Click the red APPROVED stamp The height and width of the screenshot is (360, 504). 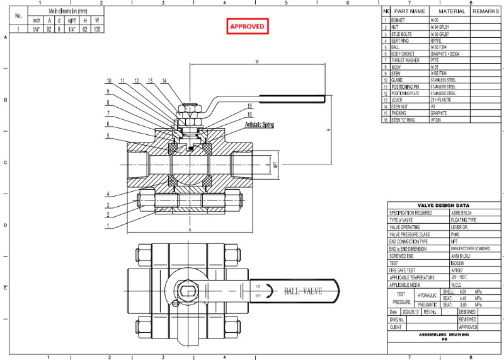pos(248,26)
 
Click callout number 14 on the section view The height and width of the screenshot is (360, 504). pos(164,81)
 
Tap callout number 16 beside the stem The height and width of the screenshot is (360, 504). pos(249,115)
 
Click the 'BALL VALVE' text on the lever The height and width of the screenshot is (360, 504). pos(303,291)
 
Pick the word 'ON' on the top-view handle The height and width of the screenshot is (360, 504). pos(257,286)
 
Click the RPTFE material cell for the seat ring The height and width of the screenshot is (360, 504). pos(437,40)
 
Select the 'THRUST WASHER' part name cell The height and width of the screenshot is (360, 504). pos(405,61)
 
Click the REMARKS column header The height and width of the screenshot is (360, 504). pos(485,11)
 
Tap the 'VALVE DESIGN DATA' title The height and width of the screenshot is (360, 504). pos(444,206)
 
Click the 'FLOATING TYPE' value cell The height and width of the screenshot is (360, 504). pos(462,220)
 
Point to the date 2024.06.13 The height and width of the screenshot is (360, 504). pos(411,311)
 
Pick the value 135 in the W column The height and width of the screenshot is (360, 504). pos(97,29)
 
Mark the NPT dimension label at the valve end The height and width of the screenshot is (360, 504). pos(276,165)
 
